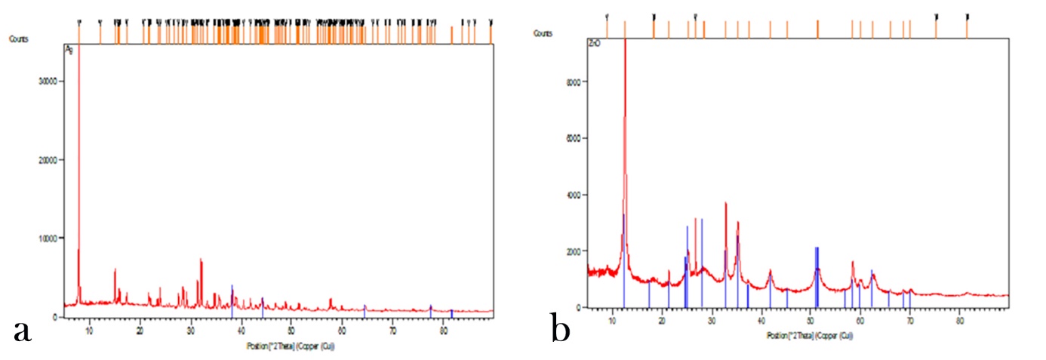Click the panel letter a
click(x=22, y=331)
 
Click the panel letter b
click(x=560, y=331)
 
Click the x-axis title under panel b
click(x=799, y=334)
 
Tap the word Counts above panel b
click(x=543, y=33)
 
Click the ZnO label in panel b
click(x=595, y=45)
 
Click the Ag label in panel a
click(x=69, y=51)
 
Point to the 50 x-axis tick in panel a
click(x=291, y=325)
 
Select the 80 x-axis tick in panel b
click(x=959, y=318)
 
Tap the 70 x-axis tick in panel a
click(x=392, y=325)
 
